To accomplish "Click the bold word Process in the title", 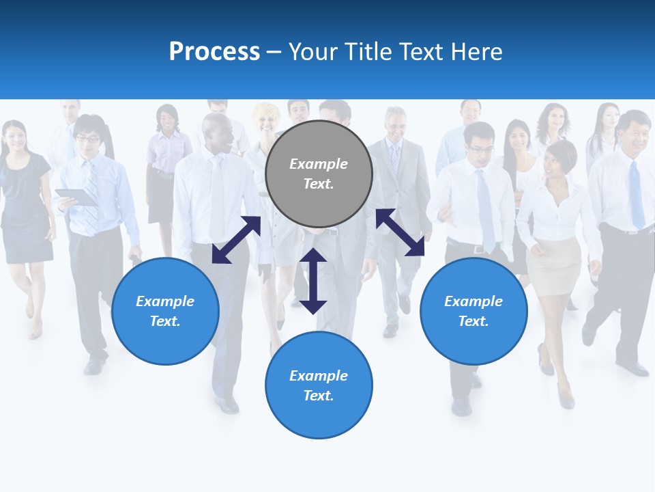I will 214,52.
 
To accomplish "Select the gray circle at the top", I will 319,174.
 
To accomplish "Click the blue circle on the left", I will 165,311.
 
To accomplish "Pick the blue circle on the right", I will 474,311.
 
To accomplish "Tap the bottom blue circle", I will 319,385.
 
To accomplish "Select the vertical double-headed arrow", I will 313,281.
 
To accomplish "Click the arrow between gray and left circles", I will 236,240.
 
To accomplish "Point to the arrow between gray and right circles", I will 400,232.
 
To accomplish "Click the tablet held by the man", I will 76,197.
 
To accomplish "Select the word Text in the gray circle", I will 319,184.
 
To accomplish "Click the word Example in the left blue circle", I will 165,301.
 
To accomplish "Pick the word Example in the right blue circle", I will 474,301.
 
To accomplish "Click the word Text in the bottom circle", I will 319,396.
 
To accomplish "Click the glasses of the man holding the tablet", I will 88,139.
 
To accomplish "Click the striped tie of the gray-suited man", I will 396,159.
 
